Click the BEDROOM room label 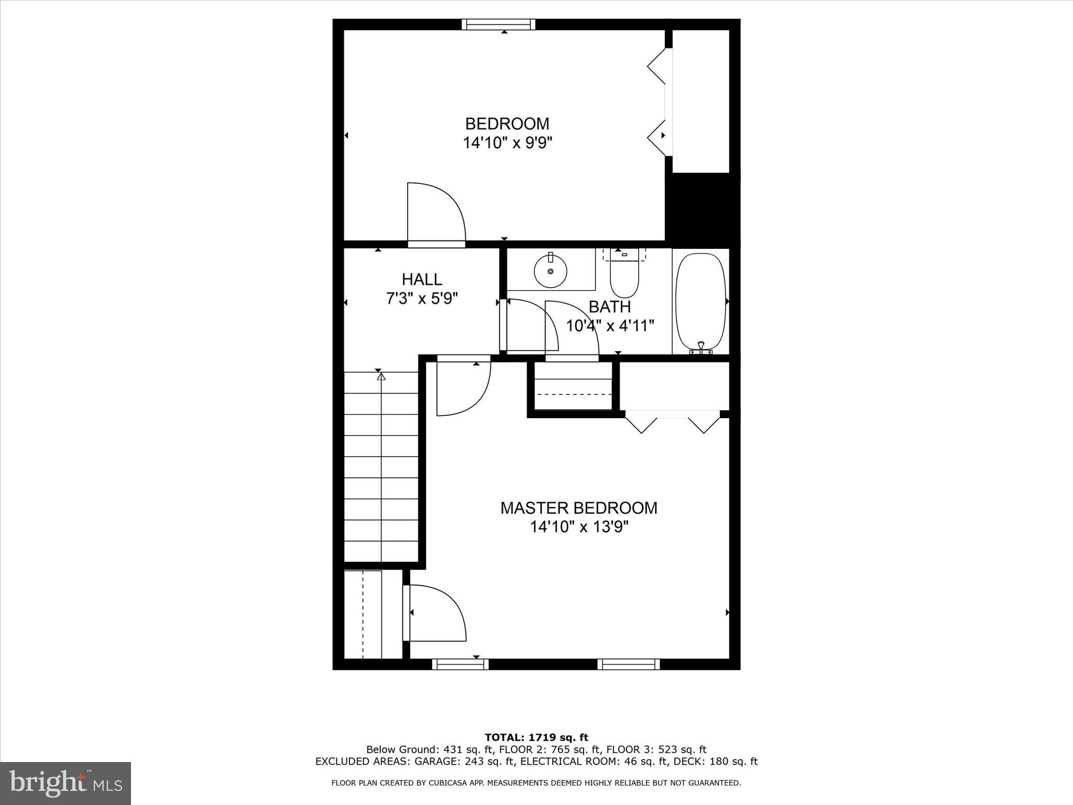[507, 124]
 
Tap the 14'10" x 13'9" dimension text [579, 527]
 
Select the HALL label [422, 279]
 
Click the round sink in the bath [550, 271]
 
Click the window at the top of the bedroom [498, 24]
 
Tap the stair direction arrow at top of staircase [381, 376]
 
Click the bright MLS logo [65, 783]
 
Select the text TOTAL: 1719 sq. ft [536, 737]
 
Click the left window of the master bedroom [460, 664]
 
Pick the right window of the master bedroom [628, 664]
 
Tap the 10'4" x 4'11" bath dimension [610, 326]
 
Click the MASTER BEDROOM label [578, 508]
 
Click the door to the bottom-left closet [434, 613]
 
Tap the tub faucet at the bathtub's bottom [700, 346]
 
